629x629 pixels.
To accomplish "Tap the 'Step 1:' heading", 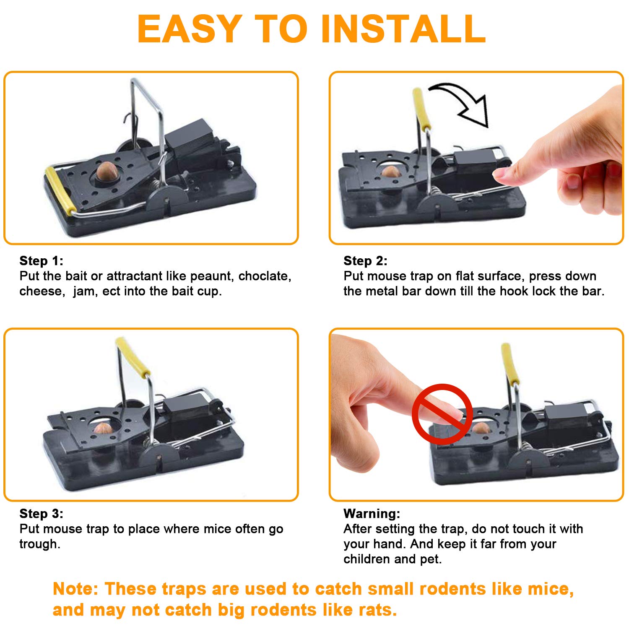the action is pyautogui.click(x=42, y=261).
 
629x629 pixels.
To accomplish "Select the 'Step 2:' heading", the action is pyautogui.click(x=365, y=261).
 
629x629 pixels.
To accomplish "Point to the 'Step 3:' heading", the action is pyautogui.click(x=42, y=514).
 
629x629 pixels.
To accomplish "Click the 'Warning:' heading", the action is pyautogui.click(x=372, y=514).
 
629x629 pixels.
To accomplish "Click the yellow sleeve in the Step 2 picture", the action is pyautogui.click(x=422, y=108).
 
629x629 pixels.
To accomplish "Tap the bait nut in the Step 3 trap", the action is pyautogui.click(x=103, y=428).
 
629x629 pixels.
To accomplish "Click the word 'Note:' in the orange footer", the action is pyautogui.click(x=75, y=589).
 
